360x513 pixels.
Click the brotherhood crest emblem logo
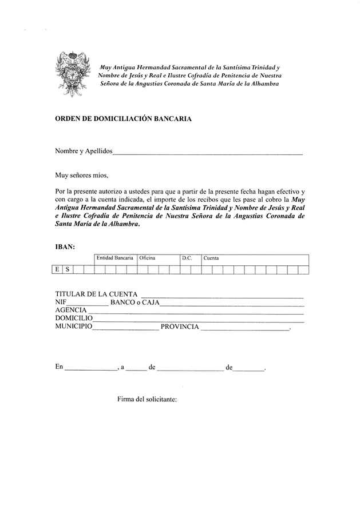(x=73, y=72)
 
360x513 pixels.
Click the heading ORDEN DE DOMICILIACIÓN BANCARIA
(x=123, y=119)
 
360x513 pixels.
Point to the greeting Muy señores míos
(x=81, y=175)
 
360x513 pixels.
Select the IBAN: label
(x=65, y=247)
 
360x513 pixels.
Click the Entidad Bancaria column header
(x=115, y=259)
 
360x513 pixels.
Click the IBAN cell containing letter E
(x=57, y=269)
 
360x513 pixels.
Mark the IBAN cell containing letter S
(x=68, y=269)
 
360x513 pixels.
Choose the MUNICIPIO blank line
(x=125, y=330)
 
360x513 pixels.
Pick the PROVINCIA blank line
(x=246, y=330)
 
